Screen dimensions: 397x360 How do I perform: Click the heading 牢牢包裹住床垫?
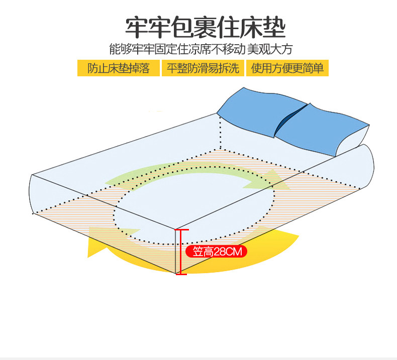point(206,28)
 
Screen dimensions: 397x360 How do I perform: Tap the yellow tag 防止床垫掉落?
point(119,68)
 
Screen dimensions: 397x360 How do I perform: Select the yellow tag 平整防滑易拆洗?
point(203,68)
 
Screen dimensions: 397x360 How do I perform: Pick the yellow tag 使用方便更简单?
point(287,68)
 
